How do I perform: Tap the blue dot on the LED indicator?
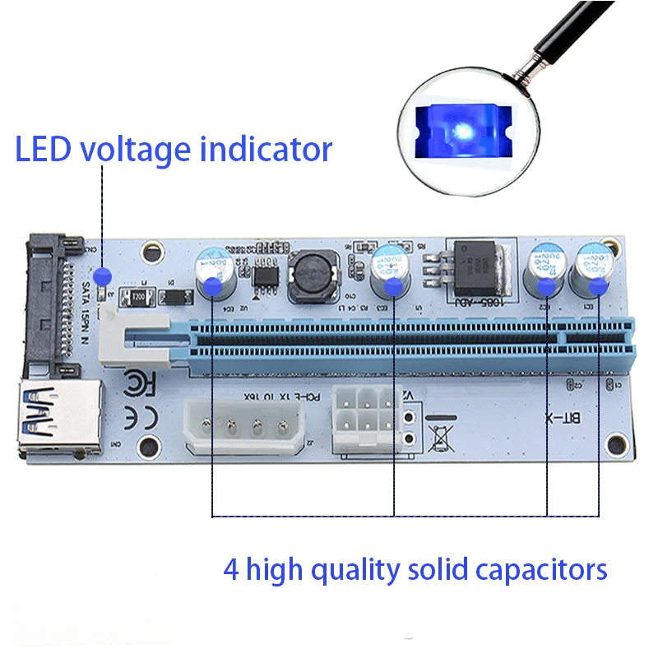coord(102,275)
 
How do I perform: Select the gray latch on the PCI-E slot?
coord(137,336)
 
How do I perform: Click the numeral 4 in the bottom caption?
coord(231,569)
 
